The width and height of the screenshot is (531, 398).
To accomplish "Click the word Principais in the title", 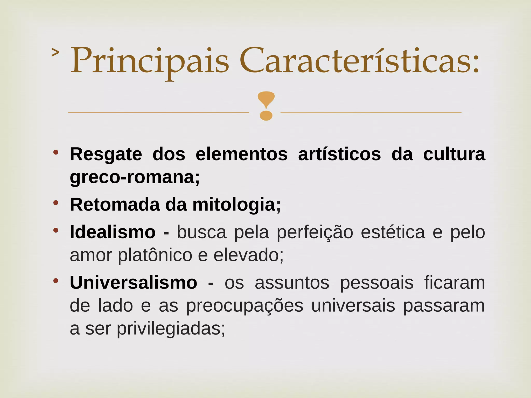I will point(150,61).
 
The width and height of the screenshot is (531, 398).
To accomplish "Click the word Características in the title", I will point(359,61).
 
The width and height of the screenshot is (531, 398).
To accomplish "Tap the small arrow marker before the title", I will point(55,52).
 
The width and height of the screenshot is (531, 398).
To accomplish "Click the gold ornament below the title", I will point(265,106).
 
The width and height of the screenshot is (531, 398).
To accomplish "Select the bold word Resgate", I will point(106,155).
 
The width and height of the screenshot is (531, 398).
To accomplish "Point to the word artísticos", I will point(339,155).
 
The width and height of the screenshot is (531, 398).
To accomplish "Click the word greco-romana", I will point(135,178).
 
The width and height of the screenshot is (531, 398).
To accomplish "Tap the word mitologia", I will point(236,205).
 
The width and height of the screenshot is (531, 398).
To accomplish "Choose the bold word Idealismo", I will point(113,232).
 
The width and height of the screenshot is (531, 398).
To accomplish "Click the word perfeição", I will point(315,232).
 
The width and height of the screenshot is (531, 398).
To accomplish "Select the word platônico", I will point(155,255).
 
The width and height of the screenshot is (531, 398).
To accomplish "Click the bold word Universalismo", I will point(133,283).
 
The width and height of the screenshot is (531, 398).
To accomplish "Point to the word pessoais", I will point(376,283).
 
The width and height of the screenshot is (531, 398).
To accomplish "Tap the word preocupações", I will point(244,306).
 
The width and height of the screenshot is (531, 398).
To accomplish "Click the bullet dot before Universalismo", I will point(56,281).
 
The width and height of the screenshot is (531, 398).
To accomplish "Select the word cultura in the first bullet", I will point(454,155).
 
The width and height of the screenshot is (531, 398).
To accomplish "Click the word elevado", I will point(248,255).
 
